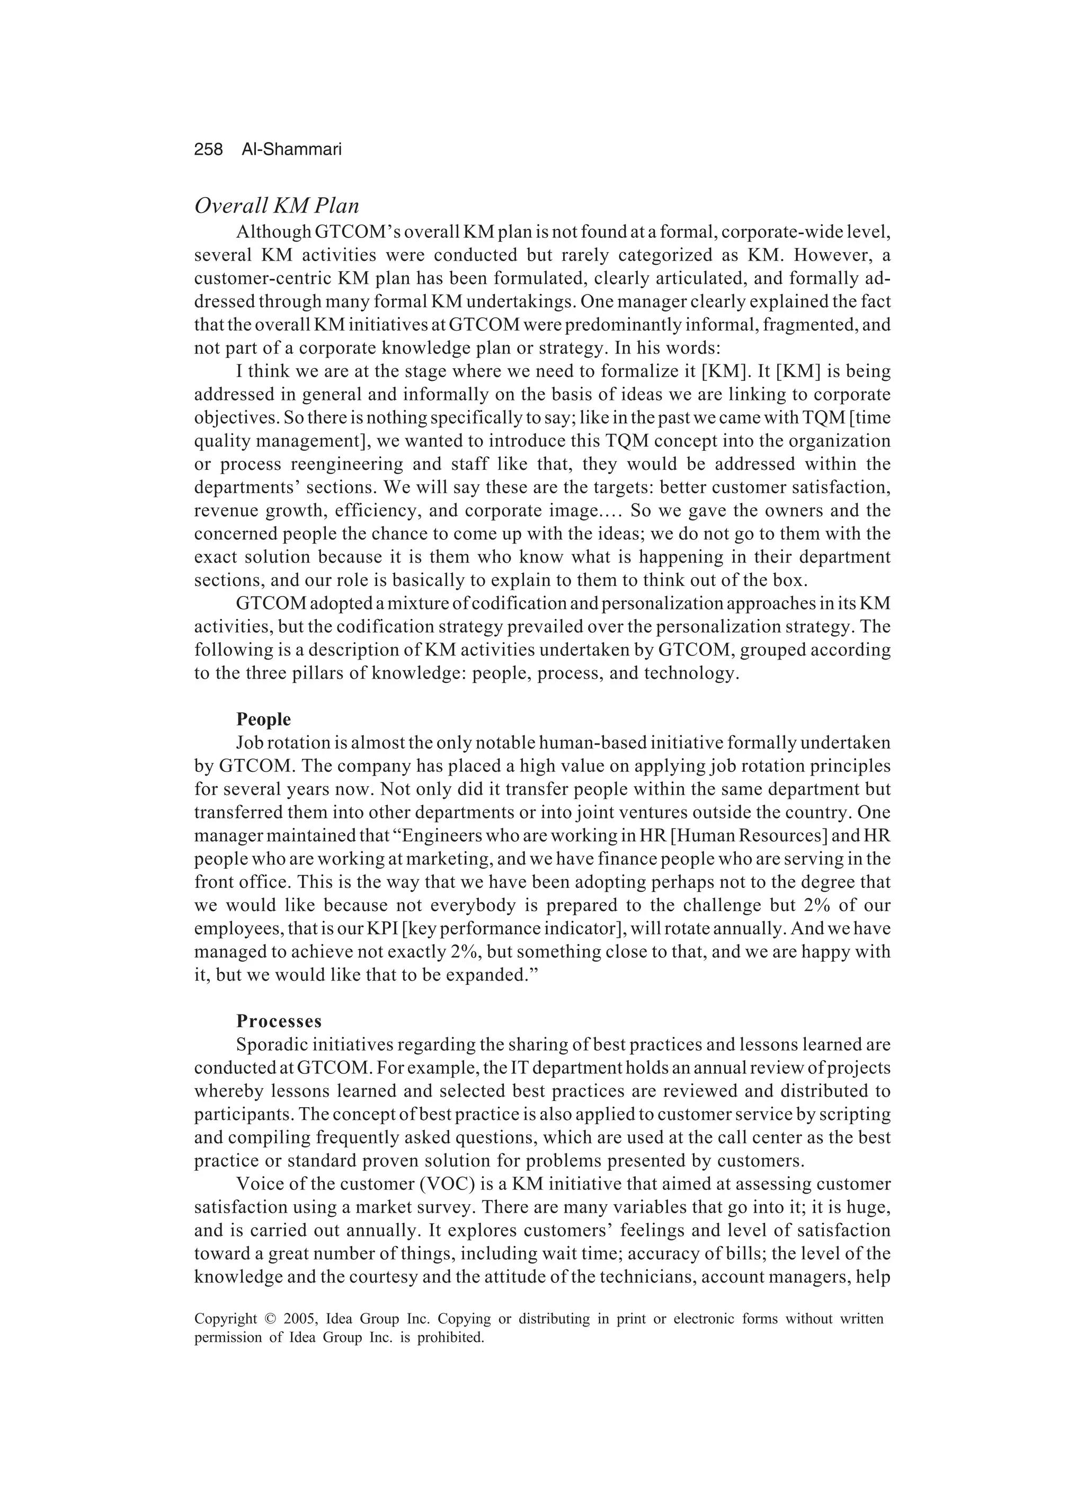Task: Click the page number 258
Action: [x=208, y=150]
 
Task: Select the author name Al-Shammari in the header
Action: [x=291, y=150]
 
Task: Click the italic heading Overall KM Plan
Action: [x=277, y=206]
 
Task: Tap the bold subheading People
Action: [x=263, y=719]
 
